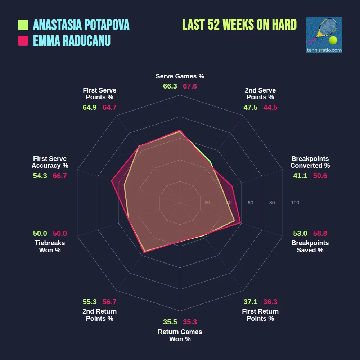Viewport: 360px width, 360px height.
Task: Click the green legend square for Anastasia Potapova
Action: pos(23,25)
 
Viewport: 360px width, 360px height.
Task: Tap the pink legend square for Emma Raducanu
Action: pos(23,41)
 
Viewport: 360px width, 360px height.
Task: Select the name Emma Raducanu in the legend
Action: pos(72,41)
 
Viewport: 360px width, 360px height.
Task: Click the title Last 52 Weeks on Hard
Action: pos(239,24)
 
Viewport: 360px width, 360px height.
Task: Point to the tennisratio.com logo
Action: pos(324,35)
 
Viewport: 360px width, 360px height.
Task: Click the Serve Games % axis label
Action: pos(180,76)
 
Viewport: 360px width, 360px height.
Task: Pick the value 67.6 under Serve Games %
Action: pos(190,86)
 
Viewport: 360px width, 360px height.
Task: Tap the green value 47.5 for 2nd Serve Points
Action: pos(250,107)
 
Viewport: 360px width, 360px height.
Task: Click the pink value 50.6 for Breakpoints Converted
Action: pos(320,176)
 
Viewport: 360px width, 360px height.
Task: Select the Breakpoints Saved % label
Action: pos(310,247)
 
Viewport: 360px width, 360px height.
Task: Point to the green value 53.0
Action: pos(300,233)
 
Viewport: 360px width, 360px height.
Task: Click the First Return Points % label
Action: pos(260,315)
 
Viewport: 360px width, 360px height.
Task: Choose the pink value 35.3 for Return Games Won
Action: pos(190,322)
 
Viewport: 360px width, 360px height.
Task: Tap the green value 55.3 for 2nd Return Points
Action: pos(90,302)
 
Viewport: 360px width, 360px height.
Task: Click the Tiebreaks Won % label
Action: pos(50,247)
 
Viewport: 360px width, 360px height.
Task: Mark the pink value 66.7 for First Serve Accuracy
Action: pos(60,176)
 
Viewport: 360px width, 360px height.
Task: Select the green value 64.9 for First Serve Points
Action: pos(90,107)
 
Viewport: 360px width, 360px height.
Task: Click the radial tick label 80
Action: pos(272,203)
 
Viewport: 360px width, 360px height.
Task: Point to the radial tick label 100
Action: pos(295,203)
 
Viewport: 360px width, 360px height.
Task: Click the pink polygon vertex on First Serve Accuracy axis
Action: pos(112,181)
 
